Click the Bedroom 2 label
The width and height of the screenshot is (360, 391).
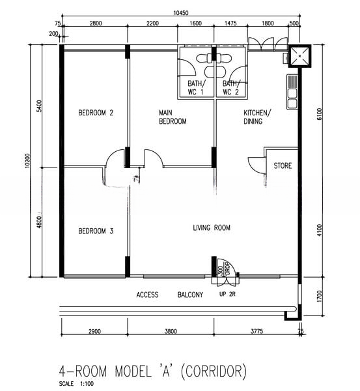tap(96, 113)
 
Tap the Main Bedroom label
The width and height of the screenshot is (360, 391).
tap(173, 117)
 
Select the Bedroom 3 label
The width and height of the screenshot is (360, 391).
tap(96, 231)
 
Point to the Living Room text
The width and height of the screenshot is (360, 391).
tap(212, 227)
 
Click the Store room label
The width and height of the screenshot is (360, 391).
tap(283, 166)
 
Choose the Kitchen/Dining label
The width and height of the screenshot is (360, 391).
tap(256, 117)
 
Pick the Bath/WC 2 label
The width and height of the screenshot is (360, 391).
tap(231, 87)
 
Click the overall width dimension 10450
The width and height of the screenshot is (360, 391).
tap(181, 13)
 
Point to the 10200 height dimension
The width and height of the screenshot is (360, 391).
tap(27, 161)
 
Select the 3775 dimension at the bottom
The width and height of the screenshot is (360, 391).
tap(256, 331)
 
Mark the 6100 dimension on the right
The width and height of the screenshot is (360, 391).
tap(320, 113)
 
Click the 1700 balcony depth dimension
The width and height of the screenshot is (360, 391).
tap(320, 296)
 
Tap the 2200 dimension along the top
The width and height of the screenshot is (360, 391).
tap(152, 23)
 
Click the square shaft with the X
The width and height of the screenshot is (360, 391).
tap(299, 56)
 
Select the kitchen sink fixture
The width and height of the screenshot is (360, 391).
tap(292, 92)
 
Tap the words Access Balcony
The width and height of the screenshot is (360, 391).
tap(170, 295)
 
